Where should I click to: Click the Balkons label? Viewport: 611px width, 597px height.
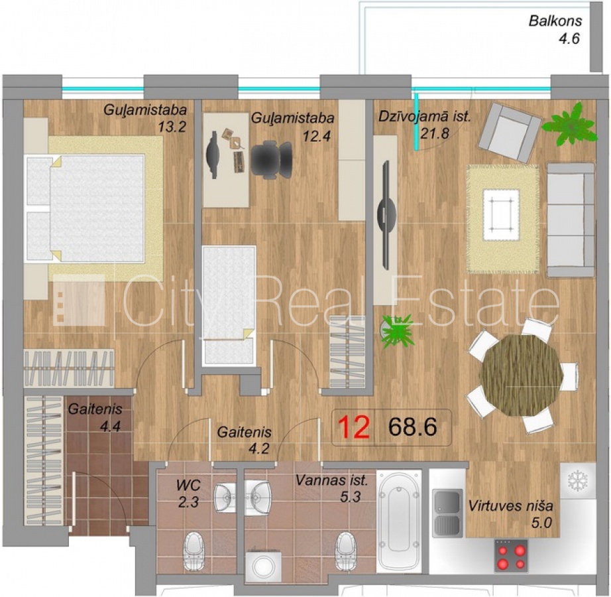(555, 21)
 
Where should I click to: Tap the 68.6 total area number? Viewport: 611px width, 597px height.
(413, 427)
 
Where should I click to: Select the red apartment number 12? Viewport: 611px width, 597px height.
(354, 427)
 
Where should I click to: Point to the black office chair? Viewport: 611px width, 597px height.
(272, 160)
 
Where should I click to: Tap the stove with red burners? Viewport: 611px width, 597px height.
(511, 556)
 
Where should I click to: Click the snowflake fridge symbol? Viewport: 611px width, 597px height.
(577, 481)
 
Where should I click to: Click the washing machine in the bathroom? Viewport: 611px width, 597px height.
(263, 565)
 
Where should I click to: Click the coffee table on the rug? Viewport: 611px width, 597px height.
(501, 215)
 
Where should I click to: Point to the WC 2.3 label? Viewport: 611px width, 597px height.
(189, 494)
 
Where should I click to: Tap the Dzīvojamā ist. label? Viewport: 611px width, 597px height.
(425, 117)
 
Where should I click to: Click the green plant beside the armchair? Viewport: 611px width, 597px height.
(570, 123)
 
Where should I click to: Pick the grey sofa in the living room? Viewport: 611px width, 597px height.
(571, 220)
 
